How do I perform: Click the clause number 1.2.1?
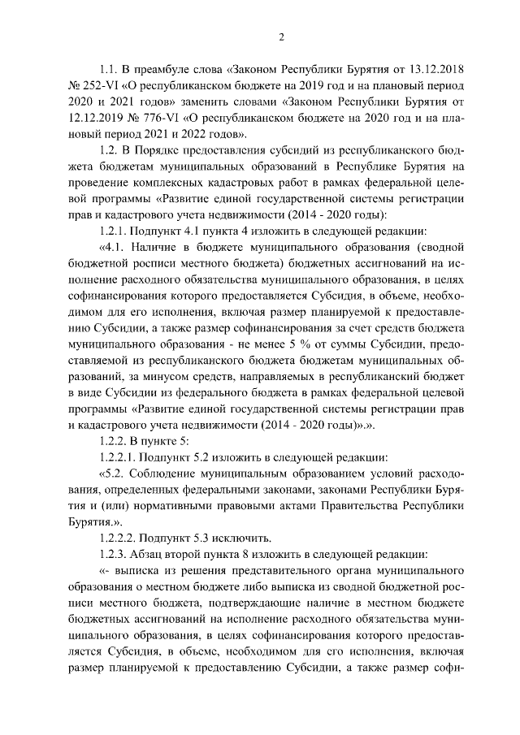tap(116, 230)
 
